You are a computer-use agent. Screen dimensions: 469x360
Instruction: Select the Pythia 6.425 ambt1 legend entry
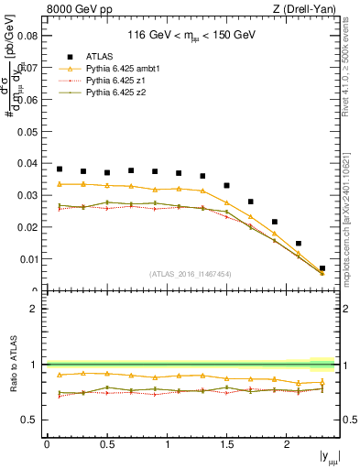click(116, 69)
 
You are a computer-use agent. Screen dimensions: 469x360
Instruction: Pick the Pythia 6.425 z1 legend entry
click(111, 81)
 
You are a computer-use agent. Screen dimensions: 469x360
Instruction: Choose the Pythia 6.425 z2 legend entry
click(111, 93)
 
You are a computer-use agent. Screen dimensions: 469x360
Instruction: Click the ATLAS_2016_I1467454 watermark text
click(191, 273)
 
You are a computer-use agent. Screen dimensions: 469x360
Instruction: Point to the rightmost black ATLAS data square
click(322, 268)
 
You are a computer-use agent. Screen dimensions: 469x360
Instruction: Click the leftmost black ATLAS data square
click(60, 169)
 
